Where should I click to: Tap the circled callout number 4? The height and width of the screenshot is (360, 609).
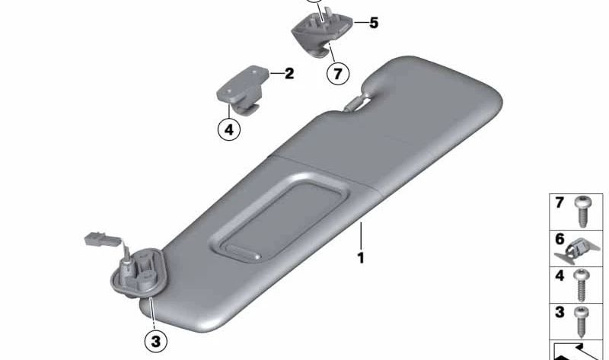[x=228, y=129]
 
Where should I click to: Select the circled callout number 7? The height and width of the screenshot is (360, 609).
[x=336, y=74]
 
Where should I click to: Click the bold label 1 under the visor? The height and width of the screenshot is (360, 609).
[x=361, y=258]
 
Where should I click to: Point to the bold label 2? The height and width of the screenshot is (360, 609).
[x=289, y=74]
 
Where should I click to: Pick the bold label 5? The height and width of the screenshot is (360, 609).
[x=373, y=23]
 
